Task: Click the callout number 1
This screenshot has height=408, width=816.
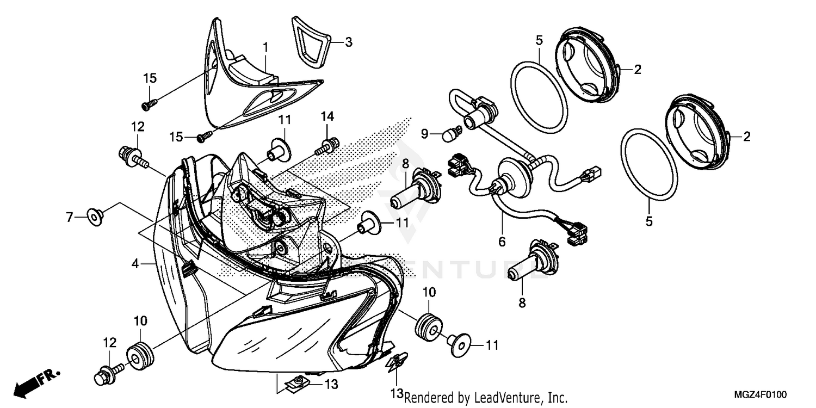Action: [266, 48]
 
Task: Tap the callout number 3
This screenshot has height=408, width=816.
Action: [349, 42]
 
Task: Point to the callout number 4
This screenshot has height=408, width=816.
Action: [135, 263]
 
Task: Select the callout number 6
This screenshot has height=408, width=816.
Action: [502, 242]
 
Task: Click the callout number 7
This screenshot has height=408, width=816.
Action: [70, 217]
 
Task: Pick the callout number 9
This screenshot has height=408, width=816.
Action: [424, 134]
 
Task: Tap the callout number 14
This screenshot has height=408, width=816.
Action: [327, 116]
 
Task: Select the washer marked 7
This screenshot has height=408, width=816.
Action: [95, 217]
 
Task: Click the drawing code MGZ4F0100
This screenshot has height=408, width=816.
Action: [760, 394]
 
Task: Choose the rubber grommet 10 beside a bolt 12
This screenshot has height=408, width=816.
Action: [140, 356]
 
